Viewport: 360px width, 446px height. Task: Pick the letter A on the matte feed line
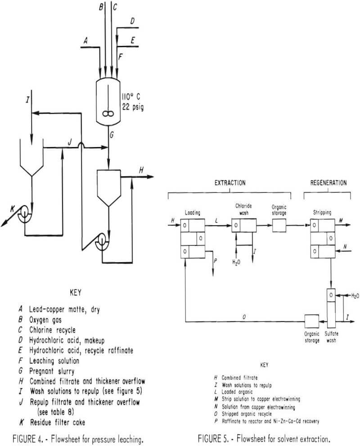pyautogui.click(x=84, y=40)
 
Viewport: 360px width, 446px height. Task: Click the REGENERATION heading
pyautogui.click(x=328, y=183)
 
